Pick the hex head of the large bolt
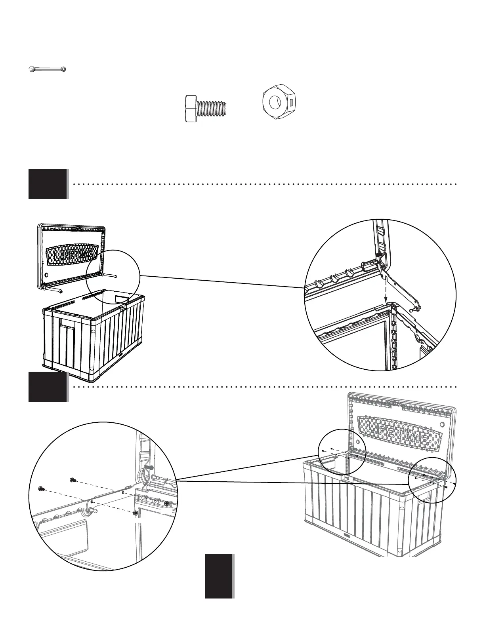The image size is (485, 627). point(192,108)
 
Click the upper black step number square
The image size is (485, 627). point(48,184)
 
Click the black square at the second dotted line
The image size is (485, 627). point(48,386)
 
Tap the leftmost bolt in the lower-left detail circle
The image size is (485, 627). point(40,488)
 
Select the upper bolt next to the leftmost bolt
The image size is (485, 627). point(73,480)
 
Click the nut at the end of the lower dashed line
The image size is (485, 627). point(136,513)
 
